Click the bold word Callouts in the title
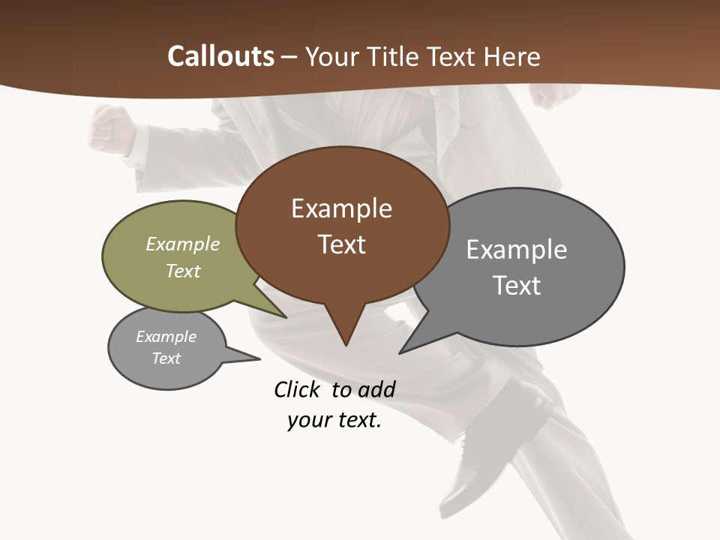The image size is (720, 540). click(x=220, y=56)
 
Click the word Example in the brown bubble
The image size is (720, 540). click(x=341, y=208)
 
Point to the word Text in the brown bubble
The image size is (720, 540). click(x=341, y=244)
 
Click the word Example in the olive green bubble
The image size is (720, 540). click(x=183, y=244)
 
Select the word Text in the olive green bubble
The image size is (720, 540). click(x=183, y=271)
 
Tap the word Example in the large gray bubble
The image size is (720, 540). click(x=517, y=250)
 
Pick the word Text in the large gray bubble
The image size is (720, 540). click(x=517, y=286)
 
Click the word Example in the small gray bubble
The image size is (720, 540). click(x=166, y=336)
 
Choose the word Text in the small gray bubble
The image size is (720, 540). click(x=166, y=358)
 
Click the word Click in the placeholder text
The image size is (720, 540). click(x=296, y=389)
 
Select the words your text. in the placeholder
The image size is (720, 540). click(x=334, y=420)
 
